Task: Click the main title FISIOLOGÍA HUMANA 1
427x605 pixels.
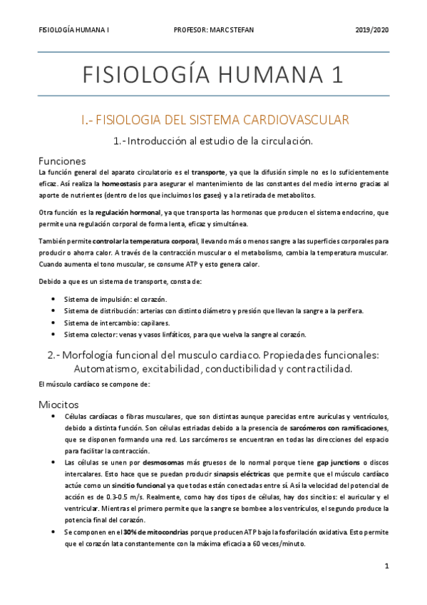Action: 213,75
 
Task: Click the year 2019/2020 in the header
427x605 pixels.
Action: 371,29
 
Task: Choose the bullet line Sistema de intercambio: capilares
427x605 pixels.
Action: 121,322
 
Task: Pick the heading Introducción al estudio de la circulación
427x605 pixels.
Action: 213,141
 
